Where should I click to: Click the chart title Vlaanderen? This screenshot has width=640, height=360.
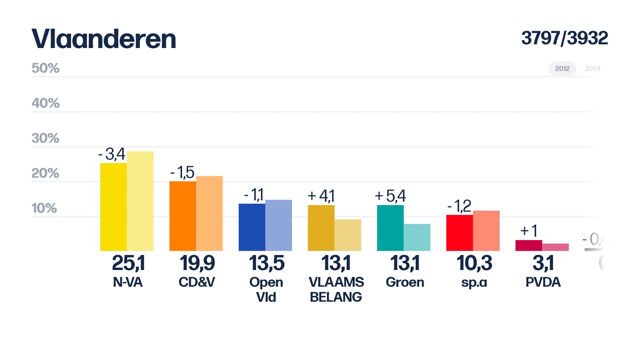pos(103,39)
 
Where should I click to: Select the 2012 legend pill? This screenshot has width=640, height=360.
pos(562,69)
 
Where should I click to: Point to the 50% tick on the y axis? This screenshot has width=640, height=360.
pos(45,69)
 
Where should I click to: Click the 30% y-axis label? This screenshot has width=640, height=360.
pos(45,139)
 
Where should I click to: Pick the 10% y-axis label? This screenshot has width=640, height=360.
pos(45,209)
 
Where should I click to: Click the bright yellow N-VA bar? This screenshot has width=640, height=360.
pos(113,207)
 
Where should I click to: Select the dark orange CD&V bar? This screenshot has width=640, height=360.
pos(182,216)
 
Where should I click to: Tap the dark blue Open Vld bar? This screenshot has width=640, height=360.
pos(251,227)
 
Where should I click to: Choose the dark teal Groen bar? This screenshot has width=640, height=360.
pos(390,228)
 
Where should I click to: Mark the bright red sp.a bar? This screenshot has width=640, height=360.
pos(459,233)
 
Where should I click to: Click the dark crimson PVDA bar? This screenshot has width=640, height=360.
pos(528,245)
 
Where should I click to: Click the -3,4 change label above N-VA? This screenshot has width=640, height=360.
pos(112,154)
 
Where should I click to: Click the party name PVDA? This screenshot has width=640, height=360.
pos(541,283)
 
